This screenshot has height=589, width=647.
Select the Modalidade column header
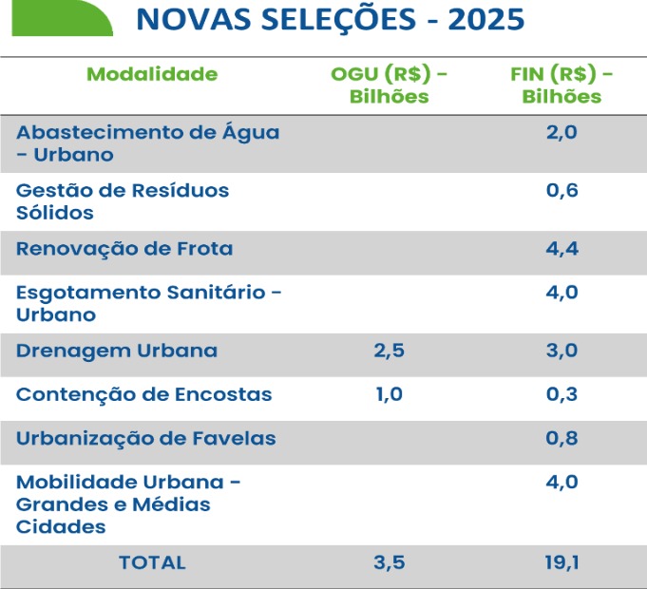pos(152,74)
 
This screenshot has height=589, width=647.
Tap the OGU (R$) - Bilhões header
pos(390,85)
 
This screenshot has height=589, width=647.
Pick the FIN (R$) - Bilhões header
pos(561,85)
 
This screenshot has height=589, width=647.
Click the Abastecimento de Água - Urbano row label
pos(148,143)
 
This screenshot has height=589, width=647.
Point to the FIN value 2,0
pos(561,132)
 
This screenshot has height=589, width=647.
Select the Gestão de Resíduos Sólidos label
pos(123,201)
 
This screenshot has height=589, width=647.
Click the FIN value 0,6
pos(561,190)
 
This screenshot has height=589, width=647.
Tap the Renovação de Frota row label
pos(124,249)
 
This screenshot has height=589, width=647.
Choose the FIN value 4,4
pos(561,249)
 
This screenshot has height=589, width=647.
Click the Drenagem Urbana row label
pos(117,351)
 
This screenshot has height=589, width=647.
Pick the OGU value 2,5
pos(390,351)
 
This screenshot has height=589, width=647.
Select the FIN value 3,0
pos(561,351)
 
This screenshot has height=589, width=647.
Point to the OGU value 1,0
pos(390,394)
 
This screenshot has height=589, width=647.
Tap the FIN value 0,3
pos(561,394)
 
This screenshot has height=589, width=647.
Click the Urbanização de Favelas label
pos(146,438)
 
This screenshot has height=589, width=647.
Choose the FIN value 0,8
pos(561,438)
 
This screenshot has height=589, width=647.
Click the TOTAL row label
pos(152,562)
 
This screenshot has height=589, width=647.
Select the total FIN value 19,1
pos(561,562)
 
